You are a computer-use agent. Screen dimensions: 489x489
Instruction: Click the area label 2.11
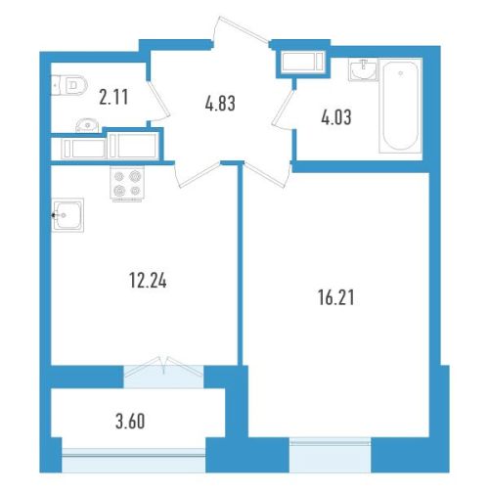[x=113, y=97]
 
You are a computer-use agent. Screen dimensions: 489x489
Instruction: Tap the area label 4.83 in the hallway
[x=220, y=104]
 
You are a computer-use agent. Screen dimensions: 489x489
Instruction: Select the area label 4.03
[x=336, y=117]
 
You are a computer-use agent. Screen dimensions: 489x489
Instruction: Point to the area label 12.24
[x=148, y=281]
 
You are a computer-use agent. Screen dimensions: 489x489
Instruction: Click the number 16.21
[x=336, y=297]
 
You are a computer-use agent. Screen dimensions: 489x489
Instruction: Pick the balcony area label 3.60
[x=130, y=422]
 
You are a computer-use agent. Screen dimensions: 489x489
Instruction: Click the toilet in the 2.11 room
[x=69, y=86]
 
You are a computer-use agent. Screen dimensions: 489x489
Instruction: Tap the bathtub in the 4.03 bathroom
[x=400, y=106]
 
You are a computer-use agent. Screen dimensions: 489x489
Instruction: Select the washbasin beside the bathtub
[x=363, y=69]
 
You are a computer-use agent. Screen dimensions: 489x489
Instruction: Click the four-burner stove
[x=127, y=184]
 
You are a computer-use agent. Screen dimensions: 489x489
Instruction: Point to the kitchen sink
[x=67, y=215]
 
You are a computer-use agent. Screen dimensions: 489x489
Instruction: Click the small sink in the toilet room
[x=87, y=125]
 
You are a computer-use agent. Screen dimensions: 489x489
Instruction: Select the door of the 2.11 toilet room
[x=158, y=101]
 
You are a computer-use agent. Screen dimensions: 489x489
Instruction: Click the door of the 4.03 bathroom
[x=284, y=110]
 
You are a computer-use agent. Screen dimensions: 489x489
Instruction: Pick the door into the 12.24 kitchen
[x=198, y=174]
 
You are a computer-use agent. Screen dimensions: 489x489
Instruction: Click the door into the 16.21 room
[x=267, y=175]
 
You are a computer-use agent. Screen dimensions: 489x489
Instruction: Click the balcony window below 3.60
[x=134, y=460]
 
